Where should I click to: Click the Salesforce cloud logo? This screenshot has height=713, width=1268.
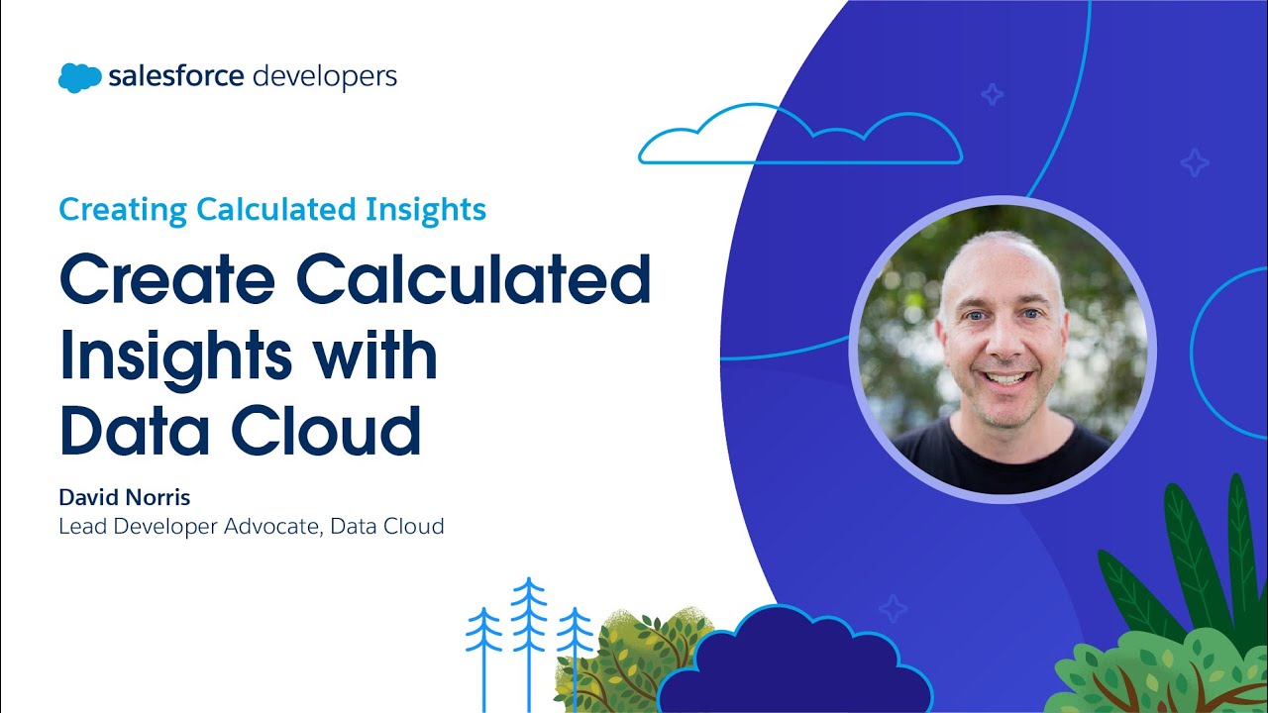(x=79, y=77)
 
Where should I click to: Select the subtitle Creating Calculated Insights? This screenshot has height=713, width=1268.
(x=272, y=210)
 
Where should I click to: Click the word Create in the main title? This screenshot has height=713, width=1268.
(x=168, y=280)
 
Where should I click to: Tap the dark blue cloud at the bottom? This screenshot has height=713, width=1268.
(x=792, y=663)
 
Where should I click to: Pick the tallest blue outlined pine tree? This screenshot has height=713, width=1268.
(x=529, y=634)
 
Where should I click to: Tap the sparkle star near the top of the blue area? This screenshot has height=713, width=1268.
(x=991, y=94)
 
